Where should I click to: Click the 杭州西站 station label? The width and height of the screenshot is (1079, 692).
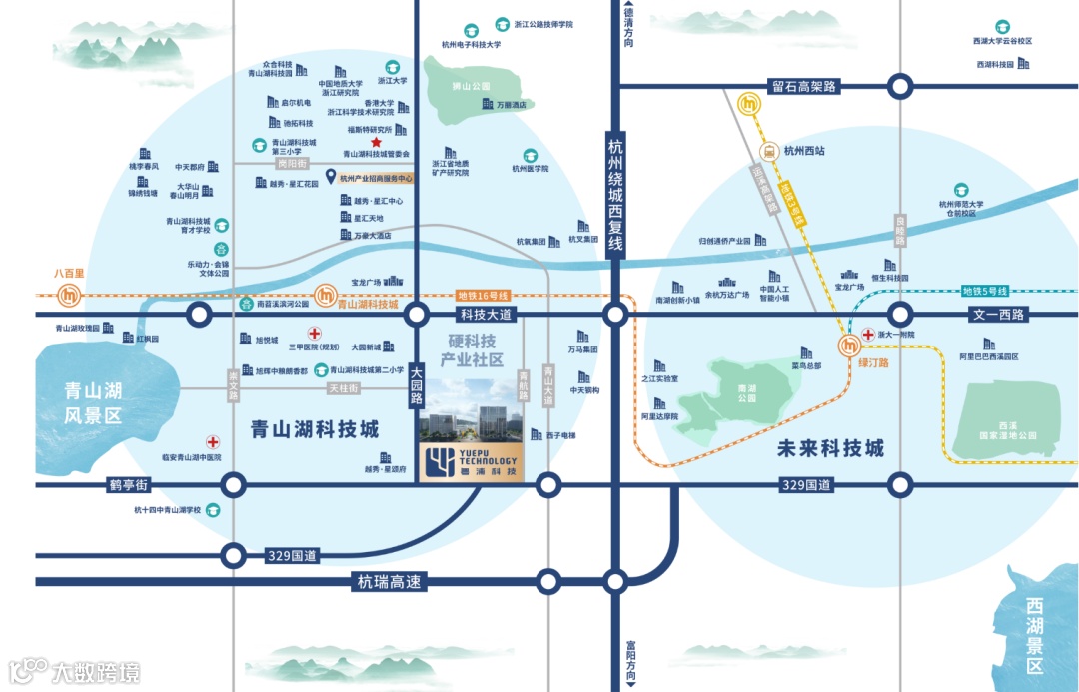(804, 152)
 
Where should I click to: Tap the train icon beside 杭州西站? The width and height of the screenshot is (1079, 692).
(769, 152)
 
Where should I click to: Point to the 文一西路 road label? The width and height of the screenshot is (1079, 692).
(998, 315)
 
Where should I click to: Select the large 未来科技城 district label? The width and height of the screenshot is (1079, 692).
(830, 448)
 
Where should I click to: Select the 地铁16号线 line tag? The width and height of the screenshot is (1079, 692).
(483, 296)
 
